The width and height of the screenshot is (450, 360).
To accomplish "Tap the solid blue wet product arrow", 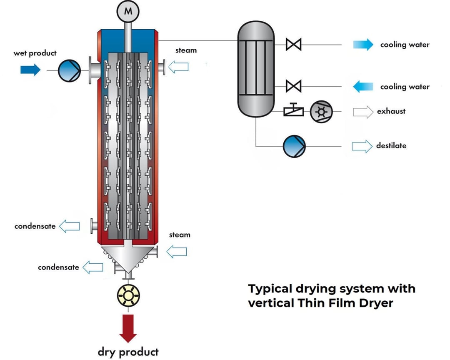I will [30, 69].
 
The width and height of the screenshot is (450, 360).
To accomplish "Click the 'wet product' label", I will [35, 53].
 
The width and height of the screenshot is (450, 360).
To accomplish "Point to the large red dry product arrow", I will [128, 327].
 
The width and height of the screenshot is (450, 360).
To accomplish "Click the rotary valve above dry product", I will [128, 296].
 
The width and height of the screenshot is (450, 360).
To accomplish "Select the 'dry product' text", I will [128, 351].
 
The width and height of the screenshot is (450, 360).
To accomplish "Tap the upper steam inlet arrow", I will [178, 66].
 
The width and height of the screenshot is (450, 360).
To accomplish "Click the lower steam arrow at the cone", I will [177, 251].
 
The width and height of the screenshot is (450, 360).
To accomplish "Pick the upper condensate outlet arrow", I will [69, 226].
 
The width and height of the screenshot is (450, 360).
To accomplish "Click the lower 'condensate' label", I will [58, 267].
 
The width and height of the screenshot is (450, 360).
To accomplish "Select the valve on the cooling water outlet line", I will [294, 44].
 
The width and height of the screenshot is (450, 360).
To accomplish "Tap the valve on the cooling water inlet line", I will [294, 86].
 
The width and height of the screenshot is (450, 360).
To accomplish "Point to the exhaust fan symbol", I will [320, 111].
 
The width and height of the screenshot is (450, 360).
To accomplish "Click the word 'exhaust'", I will [391, 111].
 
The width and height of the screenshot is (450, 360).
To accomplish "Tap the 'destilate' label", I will [391, 145].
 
